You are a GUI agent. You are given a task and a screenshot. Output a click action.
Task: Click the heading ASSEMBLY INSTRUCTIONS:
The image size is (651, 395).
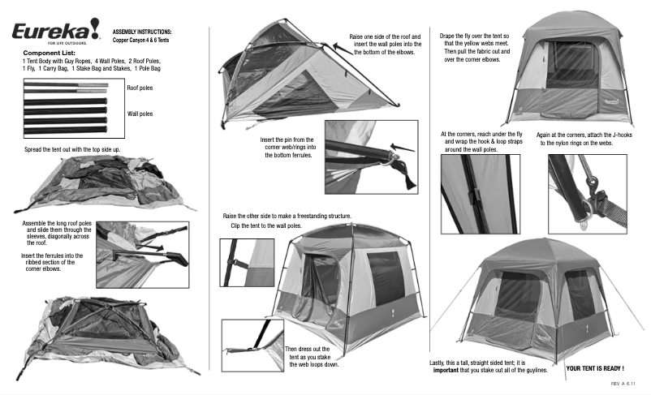pos(142,31)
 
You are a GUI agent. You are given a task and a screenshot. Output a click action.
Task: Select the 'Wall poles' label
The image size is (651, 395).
pos(140,114)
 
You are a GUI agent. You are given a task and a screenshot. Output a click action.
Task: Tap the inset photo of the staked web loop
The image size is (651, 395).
pos(252,345)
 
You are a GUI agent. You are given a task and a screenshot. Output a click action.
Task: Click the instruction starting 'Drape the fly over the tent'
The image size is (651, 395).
pos(475,48)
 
